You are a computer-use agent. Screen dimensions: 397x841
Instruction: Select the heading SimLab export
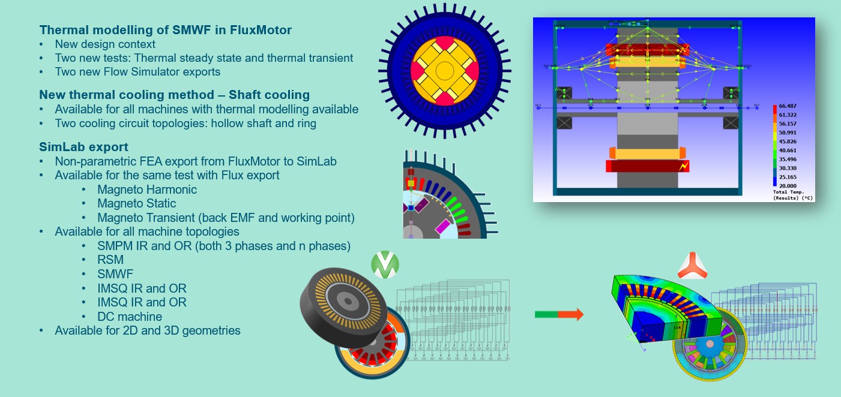click(x=83, y=147)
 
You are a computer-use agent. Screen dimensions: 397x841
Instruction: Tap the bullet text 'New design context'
click(x=105, y=44)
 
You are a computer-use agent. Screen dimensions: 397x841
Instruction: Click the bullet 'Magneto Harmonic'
click(x=147, y=190)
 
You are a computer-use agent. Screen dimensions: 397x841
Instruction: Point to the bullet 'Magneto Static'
click(x=137, y=204)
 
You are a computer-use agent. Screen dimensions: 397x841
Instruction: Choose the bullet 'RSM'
click(x=110, y=260)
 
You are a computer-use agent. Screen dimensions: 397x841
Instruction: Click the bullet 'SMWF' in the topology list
click(x=115, y=274)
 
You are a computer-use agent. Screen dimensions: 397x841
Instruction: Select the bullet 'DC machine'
click(x=130, y=316)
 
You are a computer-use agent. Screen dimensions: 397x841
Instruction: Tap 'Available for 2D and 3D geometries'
click(x=148, y=330)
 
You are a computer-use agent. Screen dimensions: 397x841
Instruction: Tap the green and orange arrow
click(x=558, y=314)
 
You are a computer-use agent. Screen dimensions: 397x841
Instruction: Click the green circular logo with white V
click(x=385, y=264)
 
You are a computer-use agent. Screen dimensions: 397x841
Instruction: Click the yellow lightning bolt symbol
click(x=682, y=166)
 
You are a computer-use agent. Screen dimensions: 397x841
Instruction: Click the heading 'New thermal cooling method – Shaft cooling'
click(x=174, y=95)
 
